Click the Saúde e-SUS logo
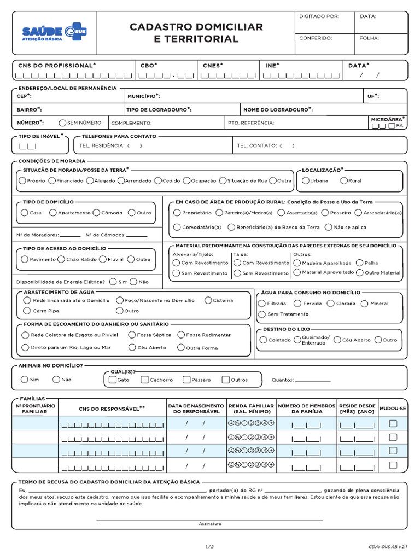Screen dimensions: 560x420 pos(54,33)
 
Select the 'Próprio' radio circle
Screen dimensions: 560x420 pos(22,180)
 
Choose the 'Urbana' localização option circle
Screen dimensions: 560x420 pos(305,180)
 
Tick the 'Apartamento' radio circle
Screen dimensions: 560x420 pos(53,213)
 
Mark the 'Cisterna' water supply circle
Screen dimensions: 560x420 pos(208,300)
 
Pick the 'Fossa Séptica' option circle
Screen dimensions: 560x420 pos(132,335)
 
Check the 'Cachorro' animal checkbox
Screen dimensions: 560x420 pos(144,380)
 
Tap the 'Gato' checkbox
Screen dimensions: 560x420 pos(113,380)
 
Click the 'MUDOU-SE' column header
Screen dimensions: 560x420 pos(393,409)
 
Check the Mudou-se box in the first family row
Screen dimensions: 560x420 pos(393,423)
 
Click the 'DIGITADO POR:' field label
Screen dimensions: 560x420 pos(319,16)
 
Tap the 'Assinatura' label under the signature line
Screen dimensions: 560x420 pos(210,524)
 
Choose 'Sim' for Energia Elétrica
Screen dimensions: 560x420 pos(113,282)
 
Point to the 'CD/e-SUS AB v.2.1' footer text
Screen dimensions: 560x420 pos(387,546)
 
